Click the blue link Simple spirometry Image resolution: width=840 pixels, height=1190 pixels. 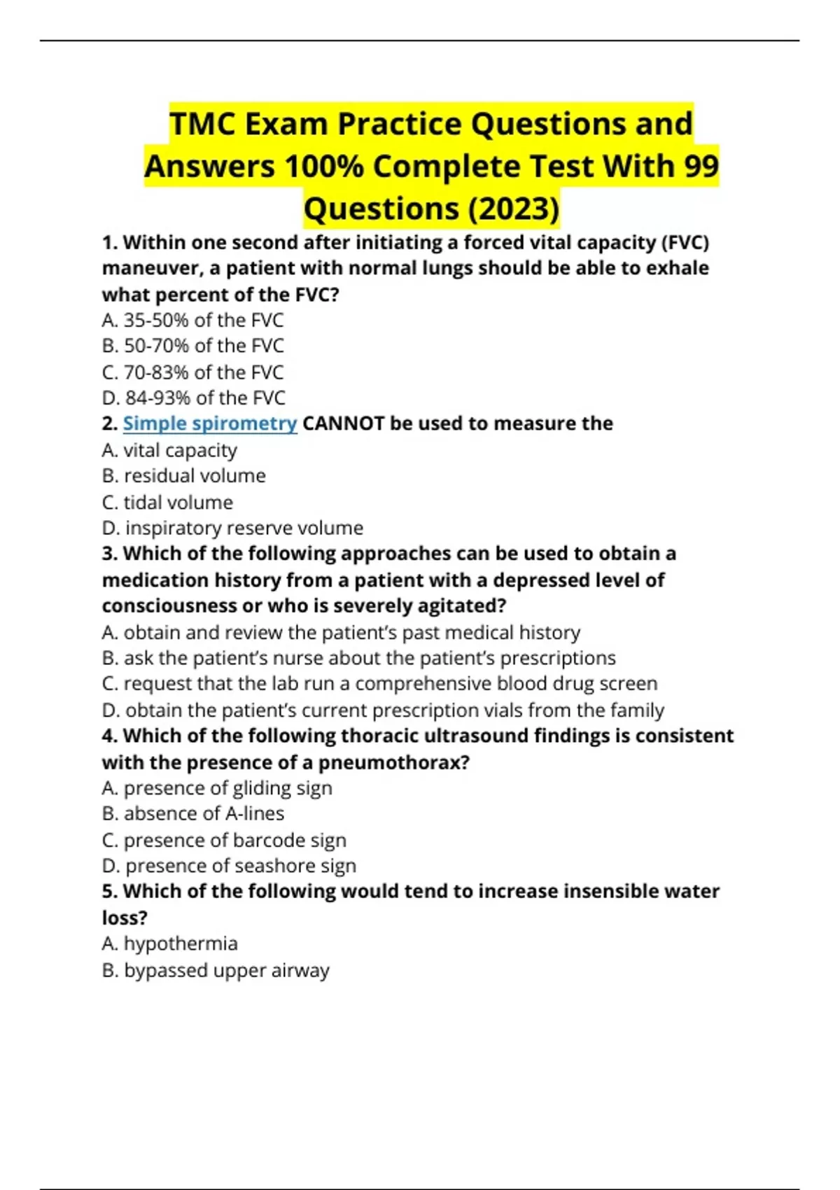click(x=210, y=423)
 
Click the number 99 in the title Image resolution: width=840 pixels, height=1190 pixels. click(x=700, y=167)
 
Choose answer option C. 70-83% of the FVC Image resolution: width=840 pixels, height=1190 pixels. click(x=192, y=372)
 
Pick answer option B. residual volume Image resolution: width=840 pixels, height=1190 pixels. click(x=183, y=476)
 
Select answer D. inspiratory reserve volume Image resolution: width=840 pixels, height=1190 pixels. click(x=232, y=528)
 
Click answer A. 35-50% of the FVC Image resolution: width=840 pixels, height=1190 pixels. click(x=192, y=320)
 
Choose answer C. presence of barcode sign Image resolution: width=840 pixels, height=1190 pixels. click(x=224, y=840)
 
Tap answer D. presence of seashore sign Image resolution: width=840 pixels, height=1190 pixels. click(x=229, y=866)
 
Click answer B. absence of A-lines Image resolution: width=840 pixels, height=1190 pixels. click(x=192, y=813)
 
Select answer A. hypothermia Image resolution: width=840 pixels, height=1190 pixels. click(x=169, y=944)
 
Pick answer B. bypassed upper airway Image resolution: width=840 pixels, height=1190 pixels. click(x=216, y=970)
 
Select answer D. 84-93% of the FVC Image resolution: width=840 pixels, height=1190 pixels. click(x=193, y=398)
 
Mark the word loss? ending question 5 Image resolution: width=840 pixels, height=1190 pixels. click(x=125, y=918)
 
